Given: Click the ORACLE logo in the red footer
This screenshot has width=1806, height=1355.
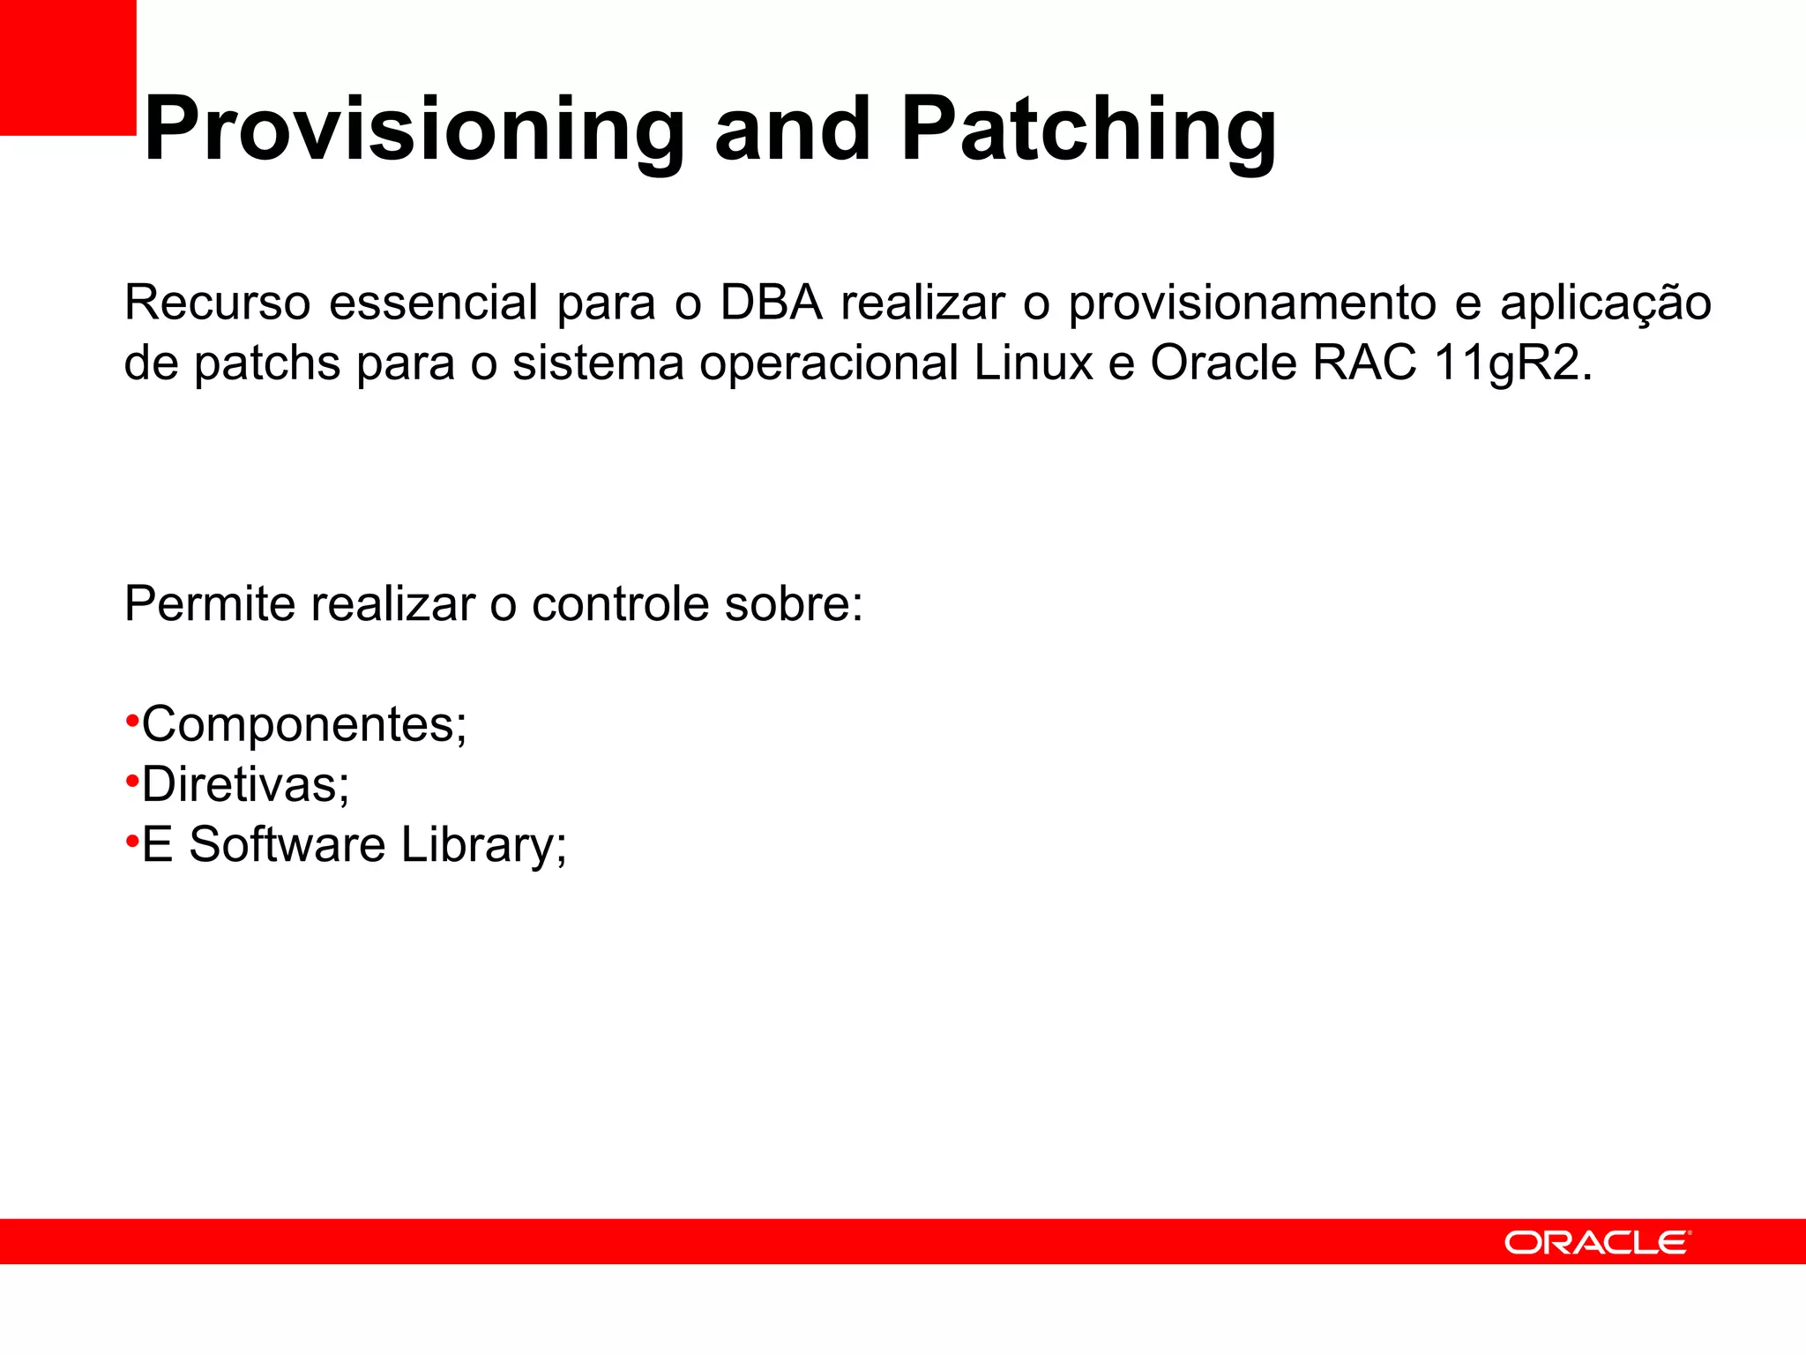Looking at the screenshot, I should (x=1597, y=1242).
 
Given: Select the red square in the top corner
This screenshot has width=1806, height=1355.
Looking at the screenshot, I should (x=68, y=67).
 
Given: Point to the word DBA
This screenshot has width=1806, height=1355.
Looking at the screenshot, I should (x=771, y=303).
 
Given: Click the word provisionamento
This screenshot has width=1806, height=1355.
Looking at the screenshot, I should (x=1253, y=303).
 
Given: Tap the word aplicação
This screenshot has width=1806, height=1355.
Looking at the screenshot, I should (x=1605, y=303).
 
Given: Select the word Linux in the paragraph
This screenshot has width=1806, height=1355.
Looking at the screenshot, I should (x=1034, y=363).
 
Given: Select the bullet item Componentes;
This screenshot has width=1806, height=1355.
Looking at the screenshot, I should (x=304, y=725).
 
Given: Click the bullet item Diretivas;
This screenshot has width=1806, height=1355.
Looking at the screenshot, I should (x=245, y=784).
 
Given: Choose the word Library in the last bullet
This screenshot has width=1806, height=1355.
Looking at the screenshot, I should (x=483, y=845).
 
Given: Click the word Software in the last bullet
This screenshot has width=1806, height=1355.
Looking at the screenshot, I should (x=287, y=845).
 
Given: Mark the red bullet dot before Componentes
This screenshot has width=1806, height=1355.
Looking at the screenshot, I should (x=132, y=721).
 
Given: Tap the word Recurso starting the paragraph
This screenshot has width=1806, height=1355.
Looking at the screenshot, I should (x=217, y=303).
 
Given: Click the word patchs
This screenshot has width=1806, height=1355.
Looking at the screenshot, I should (x=266, y=363).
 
